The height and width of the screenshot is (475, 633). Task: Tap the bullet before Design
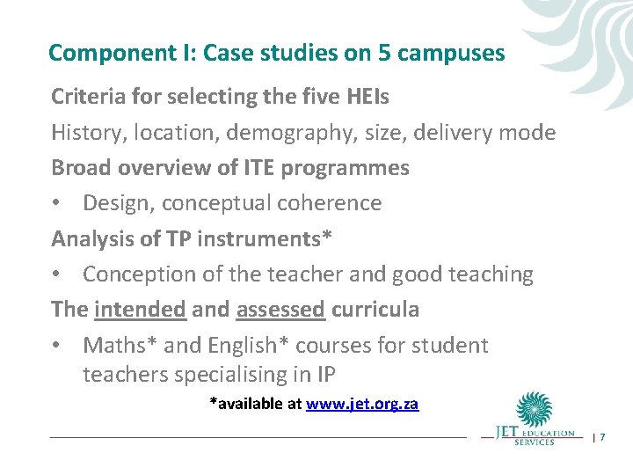(56, 203)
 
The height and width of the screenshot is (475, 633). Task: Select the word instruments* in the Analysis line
(246, 238)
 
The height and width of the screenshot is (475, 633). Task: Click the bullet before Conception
(56, 274)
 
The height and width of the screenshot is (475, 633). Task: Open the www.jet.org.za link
(362, 405)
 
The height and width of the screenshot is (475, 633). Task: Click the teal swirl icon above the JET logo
(535, 410)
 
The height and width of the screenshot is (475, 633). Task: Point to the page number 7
(602, 437)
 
